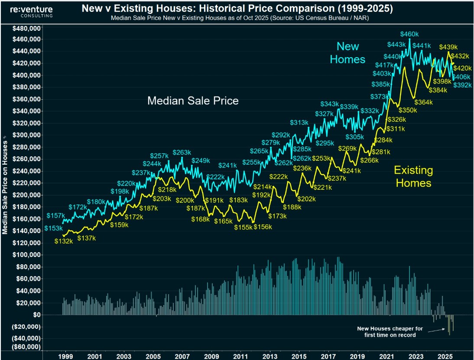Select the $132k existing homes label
tap(64, 241)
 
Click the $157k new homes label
tap(56, 216)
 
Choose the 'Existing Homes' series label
tap(413, 176)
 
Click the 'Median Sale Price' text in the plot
tap(193, 101)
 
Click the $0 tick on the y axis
tap(36, 315)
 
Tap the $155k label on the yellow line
tap(243, 227)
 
